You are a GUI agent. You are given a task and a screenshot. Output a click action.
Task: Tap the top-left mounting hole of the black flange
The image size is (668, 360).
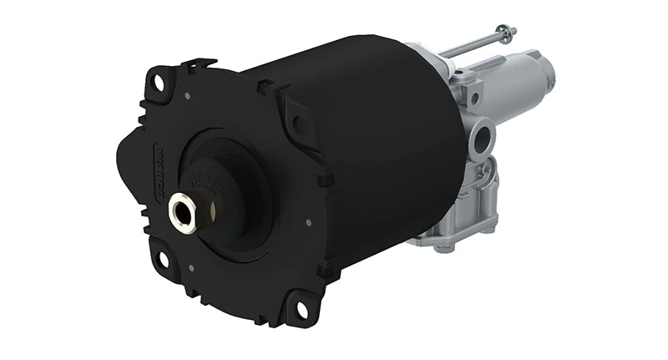(156, 83)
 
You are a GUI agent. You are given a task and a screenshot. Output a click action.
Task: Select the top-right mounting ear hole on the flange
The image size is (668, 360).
(298, 124)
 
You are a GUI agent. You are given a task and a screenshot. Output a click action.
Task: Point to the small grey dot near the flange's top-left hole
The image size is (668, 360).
(188, 97)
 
